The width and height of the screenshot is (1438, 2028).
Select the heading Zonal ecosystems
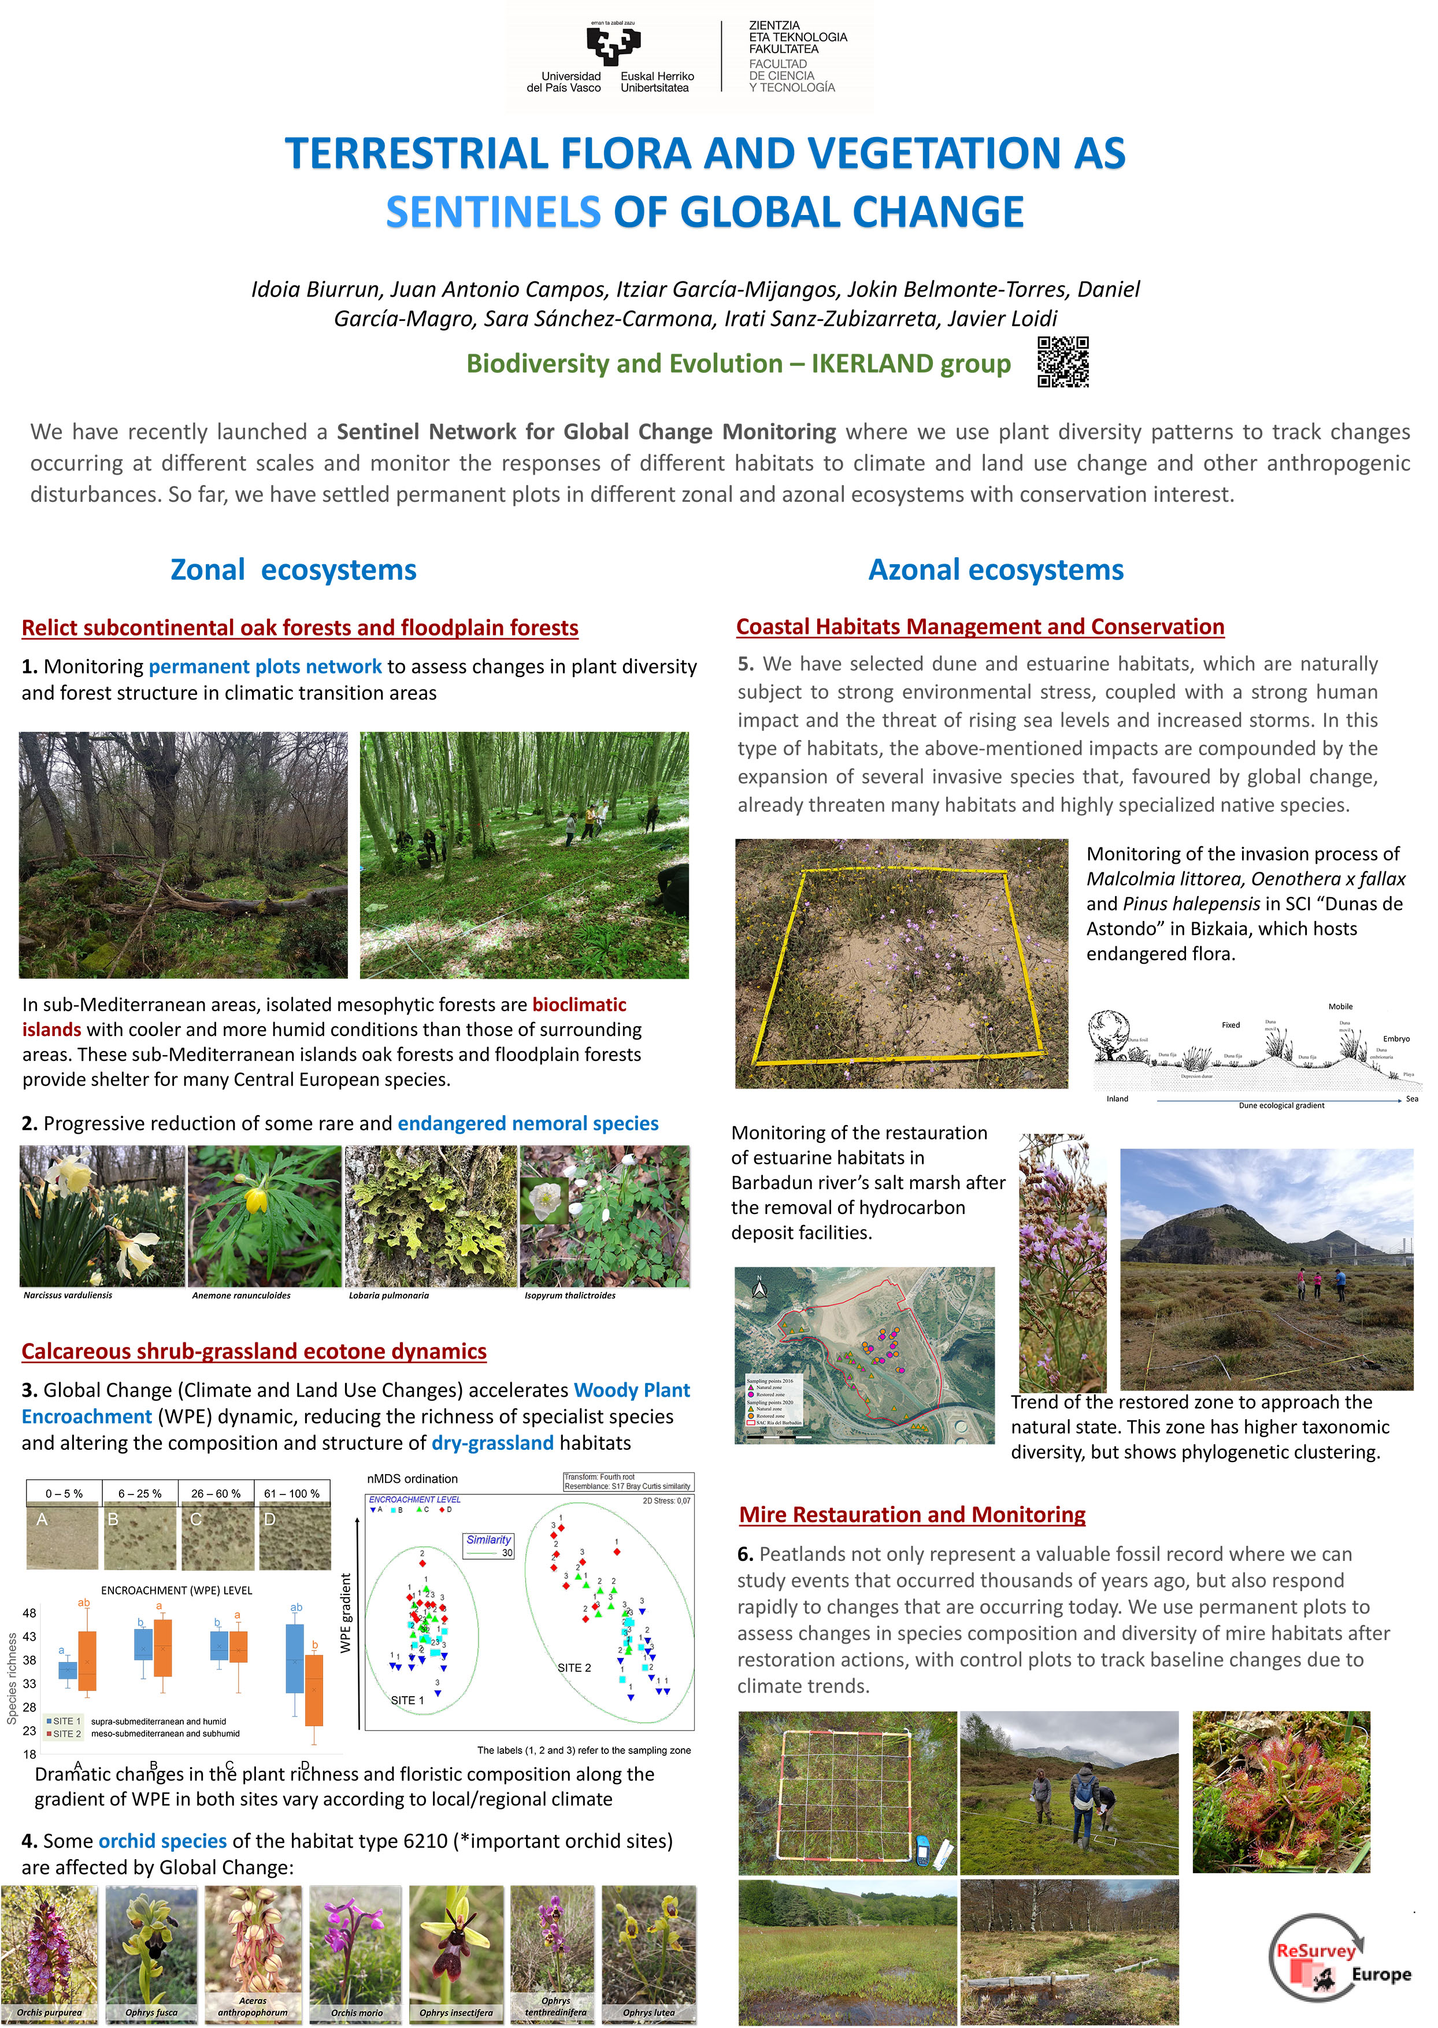(x=293, y=569)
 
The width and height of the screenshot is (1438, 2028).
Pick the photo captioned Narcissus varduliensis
(x=102, y=1215)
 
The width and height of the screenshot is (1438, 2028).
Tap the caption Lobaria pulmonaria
(x=389, y=1295)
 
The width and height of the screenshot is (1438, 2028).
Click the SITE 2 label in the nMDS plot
(x=574, y=1668)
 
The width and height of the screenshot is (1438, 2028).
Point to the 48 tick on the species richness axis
(x=29, y=1613)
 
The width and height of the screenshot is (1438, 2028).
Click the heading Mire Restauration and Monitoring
(x=912, y=1515)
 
